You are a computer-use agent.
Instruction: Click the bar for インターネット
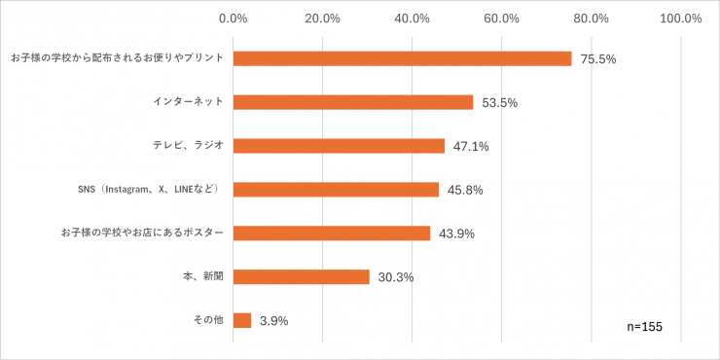352,102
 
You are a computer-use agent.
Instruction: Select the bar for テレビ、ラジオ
339,146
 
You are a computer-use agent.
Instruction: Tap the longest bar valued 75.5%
402,58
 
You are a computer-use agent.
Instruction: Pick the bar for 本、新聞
301,276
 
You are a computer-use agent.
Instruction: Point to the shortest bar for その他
242,320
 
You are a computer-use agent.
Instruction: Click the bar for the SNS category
336,190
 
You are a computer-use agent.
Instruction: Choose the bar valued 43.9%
331,234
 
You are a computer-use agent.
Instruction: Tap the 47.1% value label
471,147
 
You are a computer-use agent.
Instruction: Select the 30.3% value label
396,277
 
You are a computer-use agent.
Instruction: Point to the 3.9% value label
273,321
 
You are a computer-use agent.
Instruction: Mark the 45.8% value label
465,191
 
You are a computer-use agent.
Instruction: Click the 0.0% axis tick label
234,18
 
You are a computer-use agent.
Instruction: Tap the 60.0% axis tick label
502,18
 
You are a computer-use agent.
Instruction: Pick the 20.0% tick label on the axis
323,18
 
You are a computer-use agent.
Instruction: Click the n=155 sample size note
644,327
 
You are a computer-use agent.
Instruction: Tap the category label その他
210,320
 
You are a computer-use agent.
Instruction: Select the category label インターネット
189,102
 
